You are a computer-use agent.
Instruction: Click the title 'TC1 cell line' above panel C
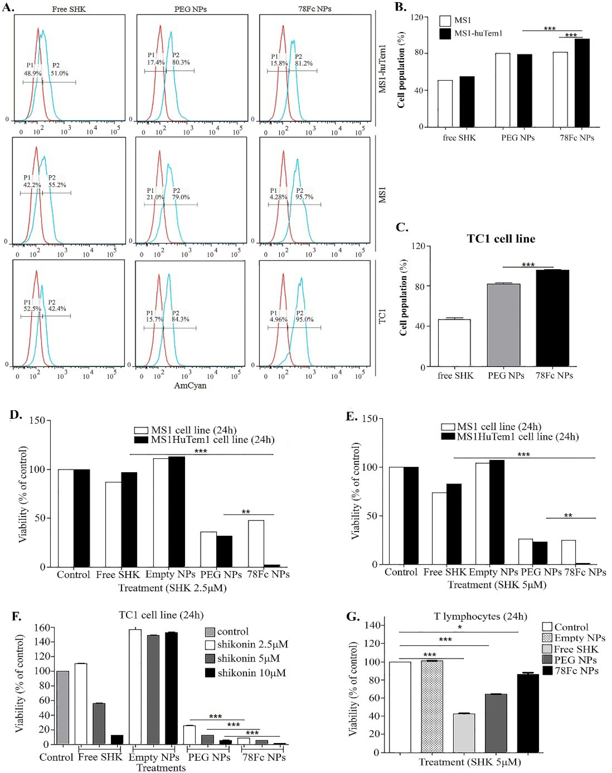coord(501,239)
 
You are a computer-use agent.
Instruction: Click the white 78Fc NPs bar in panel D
coord(256,543)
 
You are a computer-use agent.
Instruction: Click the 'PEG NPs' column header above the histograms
coord(190,9)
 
